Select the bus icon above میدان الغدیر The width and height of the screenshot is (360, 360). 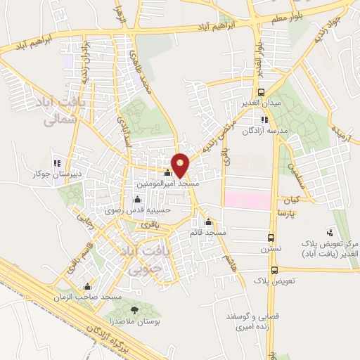[x=262, y=92]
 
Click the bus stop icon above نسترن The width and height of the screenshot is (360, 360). [x=271, y=237]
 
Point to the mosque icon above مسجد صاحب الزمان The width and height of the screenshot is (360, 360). [x=88, y=287]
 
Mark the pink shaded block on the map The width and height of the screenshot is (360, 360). [x=247, y=200]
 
